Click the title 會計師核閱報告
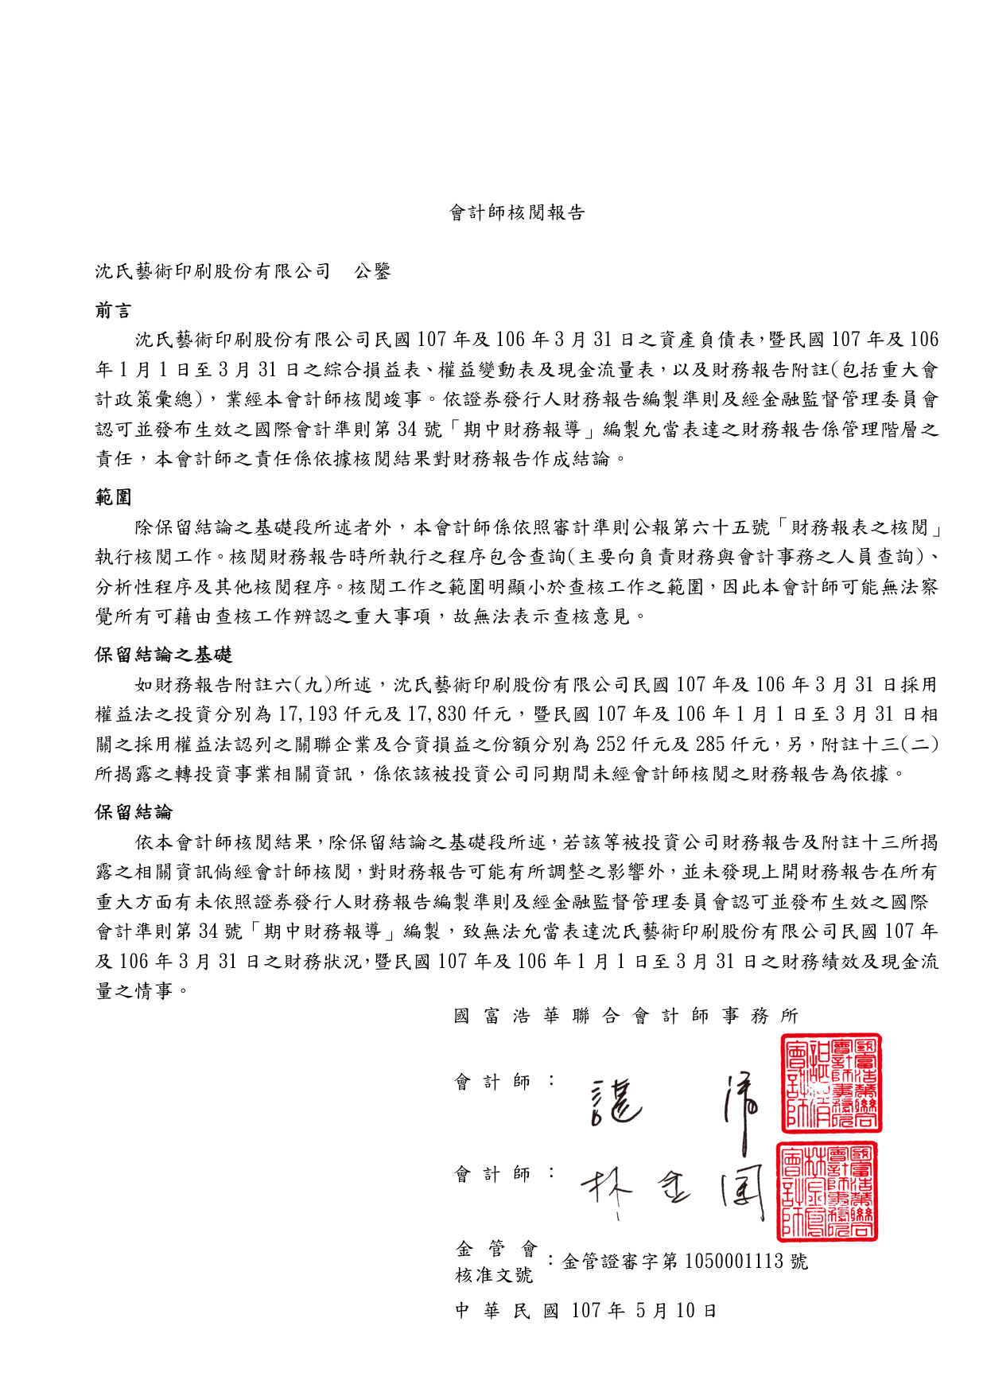[x=517, y=212]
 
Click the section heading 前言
[x=114, y=311]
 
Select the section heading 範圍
[x=114, y=498]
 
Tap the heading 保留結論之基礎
[x=164, y=655]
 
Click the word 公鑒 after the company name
[x=372, y=271]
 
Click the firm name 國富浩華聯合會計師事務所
[x=626, y=1016]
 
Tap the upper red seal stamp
[x=831, y=1084]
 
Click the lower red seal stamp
[x=827, y=1192]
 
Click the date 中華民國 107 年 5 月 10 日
[x=585, y=1311]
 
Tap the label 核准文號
[x=493, y=1275]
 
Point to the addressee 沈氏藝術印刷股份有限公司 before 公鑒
[x=213, y=271]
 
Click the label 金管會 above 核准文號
[x=496, y=1249]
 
